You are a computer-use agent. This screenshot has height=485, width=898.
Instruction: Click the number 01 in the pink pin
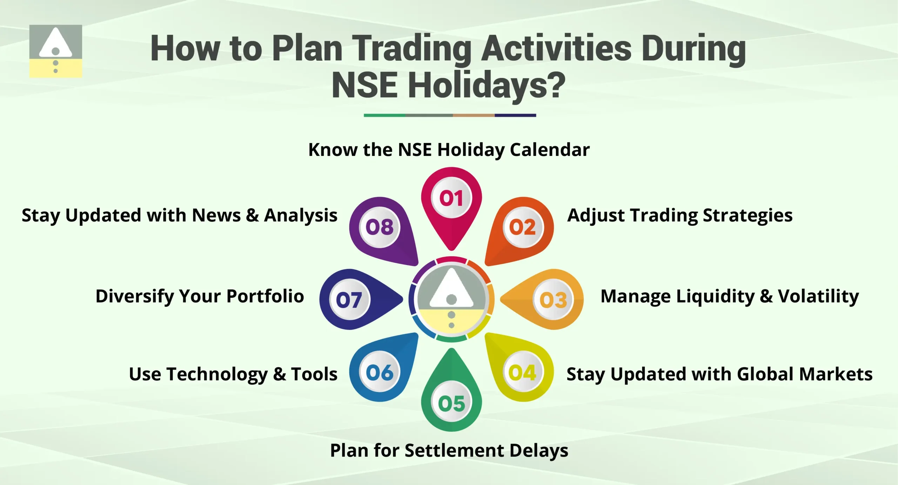click(x=451, y=198)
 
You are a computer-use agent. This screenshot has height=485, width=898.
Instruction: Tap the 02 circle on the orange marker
click(x=522, y=227)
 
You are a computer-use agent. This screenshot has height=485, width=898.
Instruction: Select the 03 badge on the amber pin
click(x=553, y=300)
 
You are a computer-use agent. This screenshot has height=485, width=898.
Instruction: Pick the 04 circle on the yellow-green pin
click(x=522, y=372)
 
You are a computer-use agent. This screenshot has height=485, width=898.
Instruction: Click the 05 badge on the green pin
click(x=451, y=403)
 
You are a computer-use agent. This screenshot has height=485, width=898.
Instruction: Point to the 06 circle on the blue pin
click(x=380, y=372)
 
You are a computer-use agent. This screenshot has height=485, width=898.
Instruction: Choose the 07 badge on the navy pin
click(x=349, y=300)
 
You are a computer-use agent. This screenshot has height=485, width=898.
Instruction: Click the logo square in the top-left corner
click(x=55, y=51)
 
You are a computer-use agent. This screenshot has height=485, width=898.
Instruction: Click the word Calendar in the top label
click(x=550, y=150)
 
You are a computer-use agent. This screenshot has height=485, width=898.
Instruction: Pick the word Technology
click(x=217, y=374)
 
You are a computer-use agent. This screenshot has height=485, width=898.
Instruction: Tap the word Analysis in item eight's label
click(x=301, y=215)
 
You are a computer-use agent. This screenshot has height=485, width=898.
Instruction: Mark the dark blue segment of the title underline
click(x=515, y=115)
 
